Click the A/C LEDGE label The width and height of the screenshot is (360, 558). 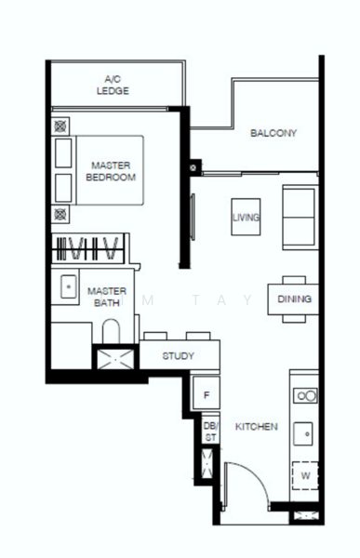(x=113, y=85)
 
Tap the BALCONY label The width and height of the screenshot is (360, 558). (x=273, y=133)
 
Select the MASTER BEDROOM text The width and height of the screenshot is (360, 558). (x=111, y=171)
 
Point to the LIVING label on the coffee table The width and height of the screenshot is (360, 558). (x=246, y=217)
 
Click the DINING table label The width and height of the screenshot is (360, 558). (x=295, y=299)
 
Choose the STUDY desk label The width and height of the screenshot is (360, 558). (x=178, y=356)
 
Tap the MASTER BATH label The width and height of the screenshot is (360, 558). (x=107, y=298)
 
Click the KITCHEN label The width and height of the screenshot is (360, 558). (x=257, y=426)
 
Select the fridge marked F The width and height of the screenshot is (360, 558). (x=207, y=392)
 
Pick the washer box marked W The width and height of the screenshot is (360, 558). (x=305, y=476)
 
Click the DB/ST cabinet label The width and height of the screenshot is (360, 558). (x=210, y=432)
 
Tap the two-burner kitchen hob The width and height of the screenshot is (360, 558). (x=305, y=395)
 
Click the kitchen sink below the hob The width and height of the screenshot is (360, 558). (x=303, y=433)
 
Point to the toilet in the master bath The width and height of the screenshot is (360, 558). (x=111, y=331)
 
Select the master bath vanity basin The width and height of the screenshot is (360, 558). (x=68, y=286)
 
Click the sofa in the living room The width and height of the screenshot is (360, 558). (x=300, y=217)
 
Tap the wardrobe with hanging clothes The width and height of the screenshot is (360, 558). (x=88, y=248)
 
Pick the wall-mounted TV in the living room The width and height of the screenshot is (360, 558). (x=193, y=217)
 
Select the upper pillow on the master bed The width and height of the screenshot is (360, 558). (x=63, y=153)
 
